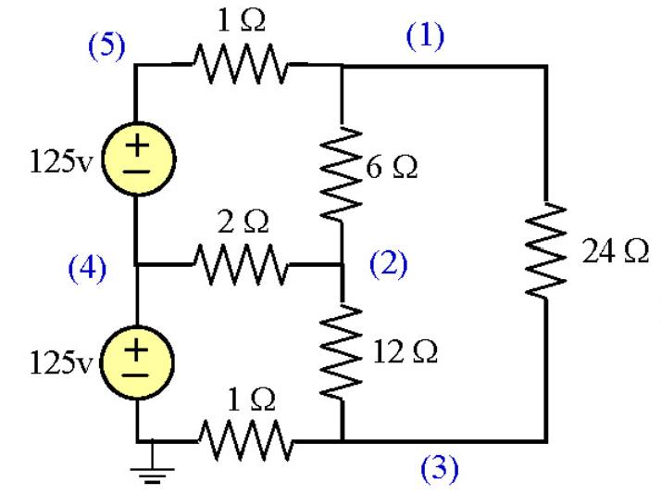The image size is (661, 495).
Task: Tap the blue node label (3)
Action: [x=439, y=469]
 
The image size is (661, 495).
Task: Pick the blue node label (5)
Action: [x=106, y=46]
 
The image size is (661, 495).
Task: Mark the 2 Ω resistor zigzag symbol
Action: [x=241, y=265]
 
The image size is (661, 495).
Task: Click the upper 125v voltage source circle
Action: [x=137, y=159]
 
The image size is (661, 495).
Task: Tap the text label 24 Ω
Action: [x=615, y=251]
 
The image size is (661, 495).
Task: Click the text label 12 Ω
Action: [x=405, y=351]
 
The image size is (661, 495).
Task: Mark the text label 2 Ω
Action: [x=243, y=222]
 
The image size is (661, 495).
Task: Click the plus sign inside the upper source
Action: [x=137, y=146]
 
